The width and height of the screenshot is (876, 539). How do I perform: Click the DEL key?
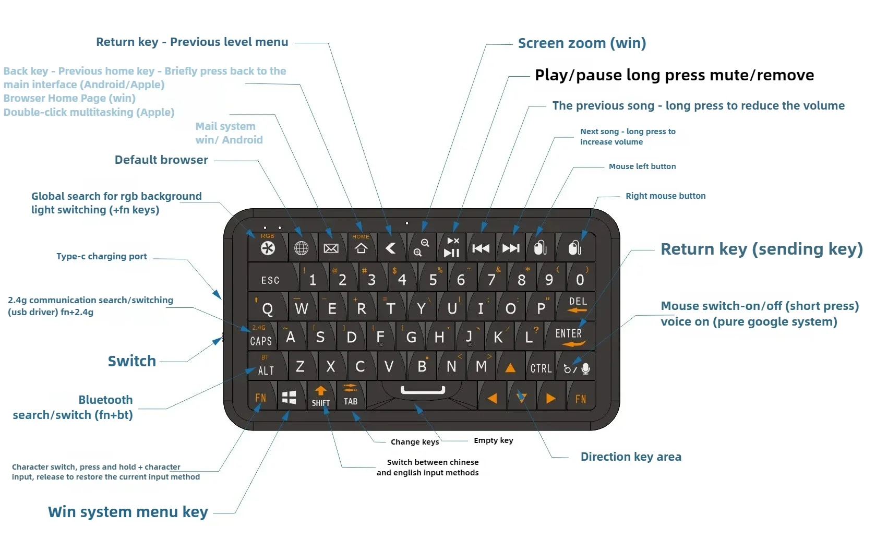577,305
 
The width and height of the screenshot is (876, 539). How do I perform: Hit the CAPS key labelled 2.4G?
261,337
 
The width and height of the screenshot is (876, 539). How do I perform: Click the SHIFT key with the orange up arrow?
320,397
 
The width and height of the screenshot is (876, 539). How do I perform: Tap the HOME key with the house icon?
361,246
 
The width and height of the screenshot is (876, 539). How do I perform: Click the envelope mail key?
331,248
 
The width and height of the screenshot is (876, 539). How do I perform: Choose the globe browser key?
301,248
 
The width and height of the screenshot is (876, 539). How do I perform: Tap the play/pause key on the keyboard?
452,247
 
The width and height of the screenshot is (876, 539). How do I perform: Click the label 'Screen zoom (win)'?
582,43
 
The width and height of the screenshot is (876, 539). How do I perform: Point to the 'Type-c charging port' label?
102,256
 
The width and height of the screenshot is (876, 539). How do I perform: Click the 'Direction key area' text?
631,457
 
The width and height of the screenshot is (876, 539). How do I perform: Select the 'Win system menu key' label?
128,512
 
